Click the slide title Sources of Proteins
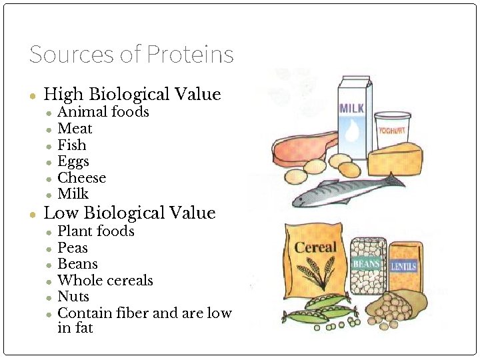click(131, 54)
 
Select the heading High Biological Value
click(131, 94)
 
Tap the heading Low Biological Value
click(129, 213)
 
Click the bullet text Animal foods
click(103, 112)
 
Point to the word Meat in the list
click(75, 129)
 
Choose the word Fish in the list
click(72, 145)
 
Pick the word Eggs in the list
click(73, 161)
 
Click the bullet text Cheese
click(82, 178)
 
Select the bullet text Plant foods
click(96, 231)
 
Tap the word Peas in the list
click(73, 248)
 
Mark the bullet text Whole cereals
click(105, 281)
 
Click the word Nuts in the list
click(73, 297)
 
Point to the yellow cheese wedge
click(396, 159)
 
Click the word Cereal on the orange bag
click(315, 247)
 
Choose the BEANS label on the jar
click(366, 264)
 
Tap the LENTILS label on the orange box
click(403, 266)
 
